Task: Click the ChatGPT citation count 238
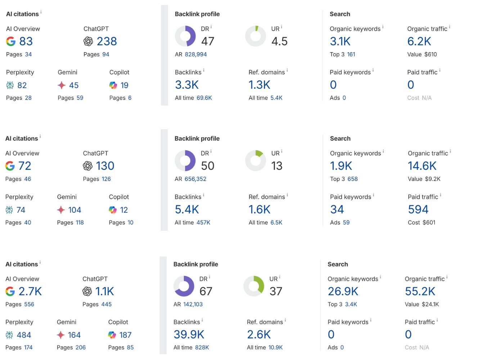107,41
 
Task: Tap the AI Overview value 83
26,41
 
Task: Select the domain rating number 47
208,41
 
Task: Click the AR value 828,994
196,54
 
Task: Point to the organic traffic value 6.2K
419,41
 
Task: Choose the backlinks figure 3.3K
187,85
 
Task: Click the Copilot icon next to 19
113,85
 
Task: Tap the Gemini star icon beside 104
61,210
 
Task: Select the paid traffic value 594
418,209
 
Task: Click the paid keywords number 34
337,209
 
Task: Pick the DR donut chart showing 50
185,161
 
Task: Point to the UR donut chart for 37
254,286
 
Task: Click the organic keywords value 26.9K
343,291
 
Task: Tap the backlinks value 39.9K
189,334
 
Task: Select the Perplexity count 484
24,335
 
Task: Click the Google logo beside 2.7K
10,291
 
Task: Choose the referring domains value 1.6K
259,209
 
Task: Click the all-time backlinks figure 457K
203,222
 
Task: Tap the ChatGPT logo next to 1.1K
87,291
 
